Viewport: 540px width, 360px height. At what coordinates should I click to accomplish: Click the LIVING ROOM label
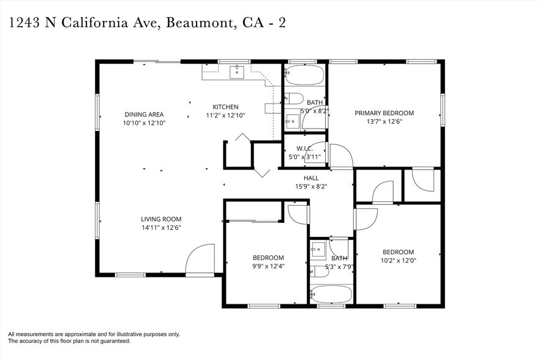[161, 219]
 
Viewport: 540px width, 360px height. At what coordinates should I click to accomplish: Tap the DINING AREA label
[144, 114]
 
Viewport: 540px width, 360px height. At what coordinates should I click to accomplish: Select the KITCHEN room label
[225, 107]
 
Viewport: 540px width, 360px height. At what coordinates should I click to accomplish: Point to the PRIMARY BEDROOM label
[384, 113]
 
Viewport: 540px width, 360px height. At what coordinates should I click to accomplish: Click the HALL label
[312, 178]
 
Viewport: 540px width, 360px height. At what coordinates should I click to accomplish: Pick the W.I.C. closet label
[304, 148]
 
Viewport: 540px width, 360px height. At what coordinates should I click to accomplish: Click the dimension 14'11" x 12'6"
[161, 227]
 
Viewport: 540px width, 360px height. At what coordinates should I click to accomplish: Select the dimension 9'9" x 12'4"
[268, 266]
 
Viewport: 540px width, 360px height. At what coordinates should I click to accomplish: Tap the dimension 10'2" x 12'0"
[398, 260]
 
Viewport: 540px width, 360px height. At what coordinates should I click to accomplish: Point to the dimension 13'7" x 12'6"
[384, 121]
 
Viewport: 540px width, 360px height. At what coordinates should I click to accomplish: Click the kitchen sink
[237, 72]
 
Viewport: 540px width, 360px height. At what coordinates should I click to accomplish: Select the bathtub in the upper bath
[304, 75]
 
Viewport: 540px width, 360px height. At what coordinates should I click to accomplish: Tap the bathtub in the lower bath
[331, 294]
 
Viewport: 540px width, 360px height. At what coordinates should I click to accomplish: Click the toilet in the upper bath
[294, 99]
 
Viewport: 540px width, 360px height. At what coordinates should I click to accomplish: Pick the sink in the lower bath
[318, 249]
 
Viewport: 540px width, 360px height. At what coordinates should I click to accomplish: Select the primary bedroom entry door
[341, 156]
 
